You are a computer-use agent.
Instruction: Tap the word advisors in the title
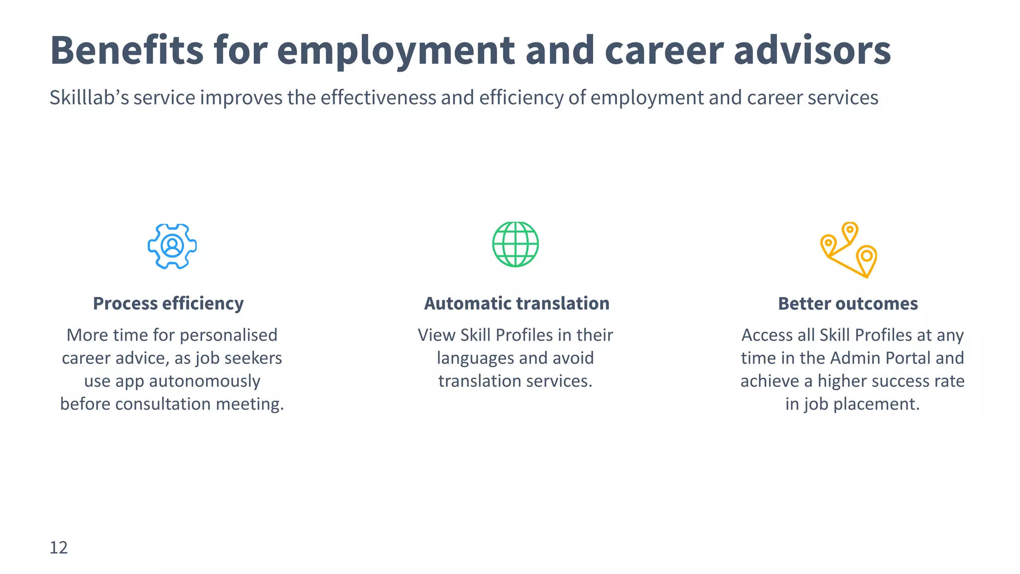click(x=812, y=50)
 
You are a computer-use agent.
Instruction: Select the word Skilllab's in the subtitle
click(x=89, y=98)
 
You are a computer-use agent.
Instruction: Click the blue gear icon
click(x=172, y=246)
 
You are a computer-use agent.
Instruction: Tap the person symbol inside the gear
click(x=172, y=246)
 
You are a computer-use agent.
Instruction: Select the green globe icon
click(x=515, y=244)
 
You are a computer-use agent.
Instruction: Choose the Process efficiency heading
click(x=168, y=303)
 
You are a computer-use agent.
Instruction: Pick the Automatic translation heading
click(x=516, y=303)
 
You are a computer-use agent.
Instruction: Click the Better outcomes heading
click(x=848, y=303)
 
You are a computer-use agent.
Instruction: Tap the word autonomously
click(x=204, y=381)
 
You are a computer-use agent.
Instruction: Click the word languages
click(x=468, y=358)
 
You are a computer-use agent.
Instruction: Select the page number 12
click(x=58, y=548)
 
